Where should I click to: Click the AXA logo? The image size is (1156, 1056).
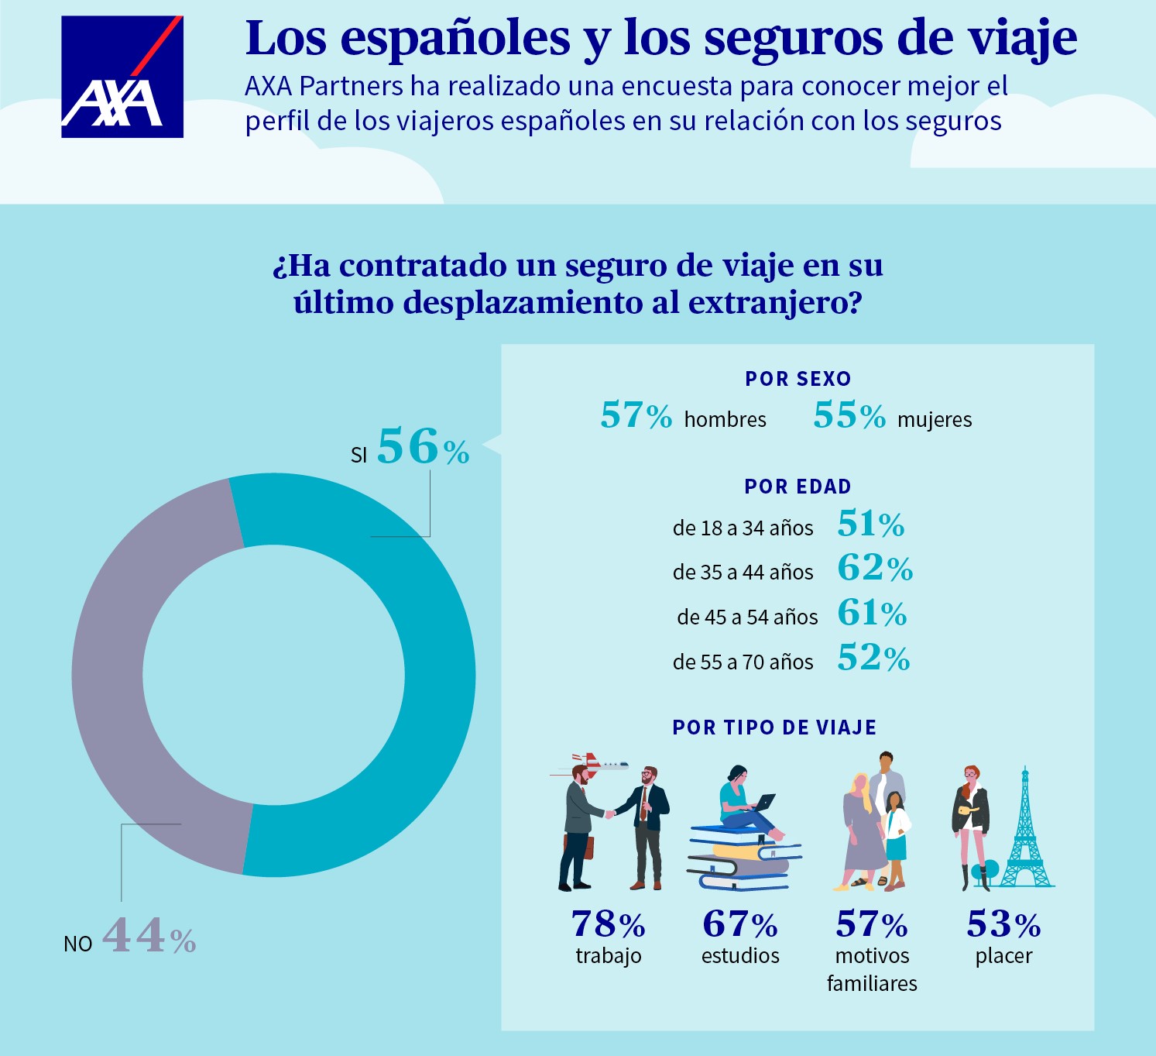[x=122, y=77]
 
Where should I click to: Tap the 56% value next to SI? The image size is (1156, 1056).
[x=423, y=447]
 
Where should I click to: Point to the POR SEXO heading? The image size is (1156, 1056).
[x=798, y=379]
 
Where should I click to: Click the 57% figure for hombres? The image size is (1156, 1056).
[x=636, y=415]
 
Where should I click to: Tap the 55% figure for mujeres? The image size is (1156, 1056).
[x=849, y=415]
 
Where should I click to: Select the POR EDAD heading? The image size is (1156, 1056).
[x=798, y=487]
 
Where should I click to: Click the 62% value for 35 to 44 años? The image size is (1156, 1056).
[x=875, y=568]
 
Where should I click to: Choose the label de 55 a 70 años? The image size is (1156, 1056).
[x=743, y=662]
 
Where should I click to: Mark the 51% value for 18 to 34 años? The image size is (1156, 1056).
[x=870, y=525]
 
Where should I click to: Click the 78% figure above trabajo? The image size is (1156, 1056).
[x=608, y=924]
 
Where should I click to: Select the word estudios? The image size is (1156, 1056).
[x=740, y=956]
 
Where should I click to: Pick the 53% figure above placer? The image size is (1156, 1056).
[x=1003, y=924]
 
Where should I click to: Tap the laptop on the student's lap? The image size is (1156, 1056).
[x=763, y=803]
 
